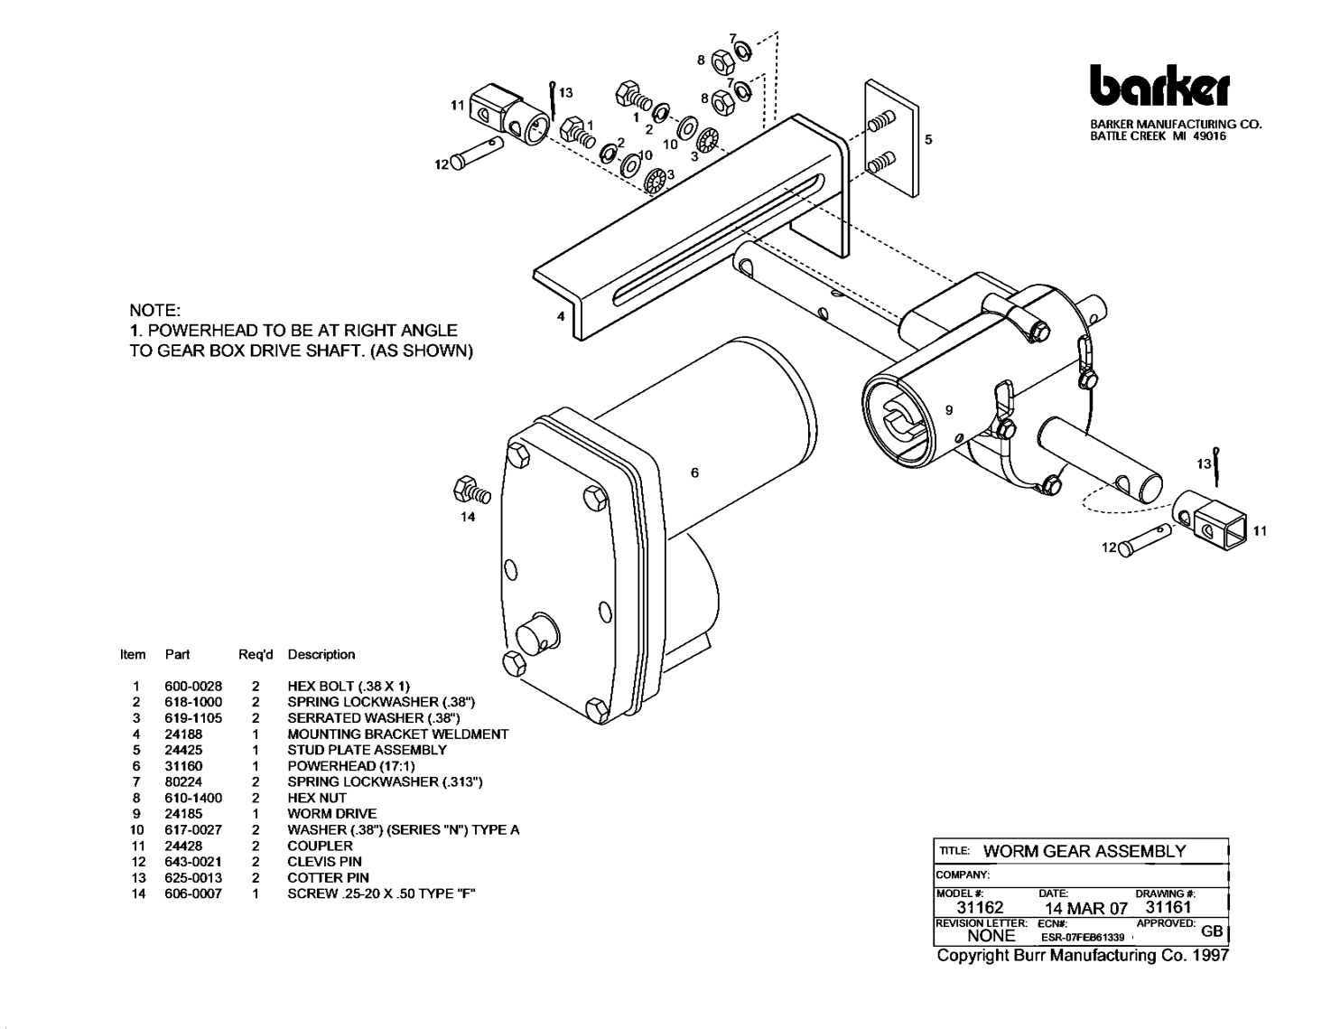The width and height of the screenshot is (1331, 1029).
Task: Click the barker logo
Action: tap(1159, 86)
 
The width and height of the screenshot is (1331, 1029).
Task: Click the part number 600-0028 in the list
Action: tap(193, 686)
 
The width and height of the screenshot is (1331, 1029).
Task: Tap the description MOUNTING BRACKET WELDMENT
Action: tap(397, 734)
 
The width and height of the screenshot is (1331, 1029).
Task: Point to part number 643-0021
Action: tap(193, 861)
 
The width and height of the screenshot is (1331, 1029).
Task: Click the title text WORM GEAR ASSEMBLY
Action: tap(1084, 851)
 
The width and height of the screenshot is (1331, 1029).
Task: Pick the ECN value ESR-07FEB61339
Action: tap(1082, 938)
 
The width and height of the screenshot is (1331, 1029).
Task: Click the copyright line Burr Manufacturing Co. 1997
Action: tap(1083, 955)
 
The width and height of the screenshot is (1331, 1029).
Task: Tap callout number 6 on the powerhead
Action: tap(693, 472)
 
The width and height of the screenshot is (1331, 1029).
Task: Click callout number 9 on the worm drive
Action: tap(948, 410)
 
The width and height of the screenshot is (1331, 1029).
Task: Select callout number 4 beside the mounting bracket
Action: tap(561, 317)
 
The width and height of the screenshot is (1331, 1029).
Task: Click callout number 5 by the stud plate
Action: tap(928, 139)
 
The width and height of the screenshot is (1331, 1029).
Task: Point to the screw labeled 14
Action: tap(473, 491)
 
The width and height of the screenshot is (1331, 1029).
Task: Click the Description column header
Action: tap(321, 654)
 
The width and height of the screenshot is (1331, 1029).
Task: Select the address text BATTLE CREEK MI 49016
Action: tap(1158, 136)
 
